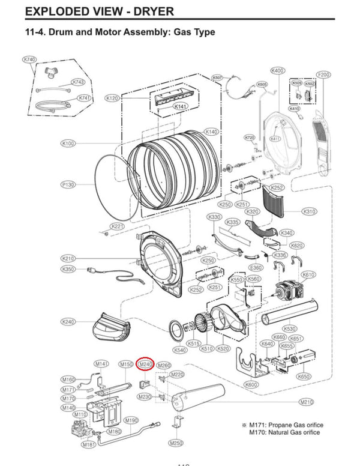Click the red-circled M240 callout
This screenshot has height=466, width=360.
[x=146, y=364]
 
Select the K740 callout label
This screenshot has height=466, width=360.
[x=29, y=59]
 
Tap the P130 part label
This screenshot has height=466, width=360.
[x=68, y=184]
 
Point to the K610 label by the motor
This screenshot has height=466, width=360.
[x=308, y=274]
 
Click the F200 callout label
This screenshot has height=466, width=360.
[x=323, y=74]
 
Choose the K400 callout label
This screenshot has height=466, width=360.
[x=278, y=71]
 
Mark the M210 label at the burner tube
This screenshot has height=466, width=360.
[x=307, y=402]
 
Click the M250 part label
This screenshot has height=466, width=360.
[x=176, y=443]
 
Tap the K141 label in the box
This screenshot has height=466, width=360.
[x=181, y=106]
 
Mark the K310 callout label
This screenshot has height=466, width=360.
[x=310, y=211]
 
